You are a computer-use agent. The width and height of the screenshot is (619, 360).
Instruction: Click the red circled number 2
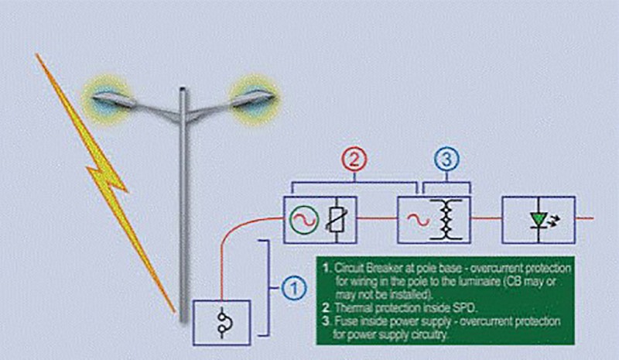point(354,159)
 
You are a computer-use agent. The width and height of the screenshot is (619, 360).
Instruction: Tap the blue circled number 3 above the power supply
point(447,159)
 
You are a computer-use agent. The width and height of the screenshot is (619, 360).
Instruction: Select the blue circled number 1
point(294,289)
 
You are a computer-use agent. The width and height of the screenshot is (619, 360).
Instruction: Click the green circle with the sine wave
point(304,219)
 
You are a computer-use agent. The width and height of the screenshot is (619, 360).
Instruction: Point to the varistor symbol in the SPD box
point(335,220)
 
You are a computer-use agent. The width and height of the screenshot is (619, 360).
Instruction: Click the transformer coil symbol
point(446,219)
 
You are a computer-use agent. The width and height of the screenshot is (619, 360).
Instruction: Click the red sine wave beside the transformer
point(417,219)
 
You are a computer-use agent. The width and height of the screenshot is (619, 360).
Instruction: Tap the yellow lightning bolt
point(104,182)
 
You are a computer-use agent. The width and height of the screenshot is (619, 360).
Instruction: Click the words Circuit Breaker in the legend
point(364,269)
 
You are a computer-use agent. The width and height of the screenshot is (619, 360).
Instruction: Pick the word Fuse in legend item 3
point(346,321)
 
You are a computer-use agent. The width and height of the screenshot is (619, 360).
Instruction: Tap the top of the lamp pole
point(183,89)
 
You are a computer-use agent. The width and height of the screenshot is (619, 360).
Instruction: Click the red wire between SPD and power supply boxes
point(377,218)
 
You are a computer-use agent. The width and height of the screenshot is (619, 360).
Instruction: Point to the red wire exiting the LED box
point(584,218)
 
